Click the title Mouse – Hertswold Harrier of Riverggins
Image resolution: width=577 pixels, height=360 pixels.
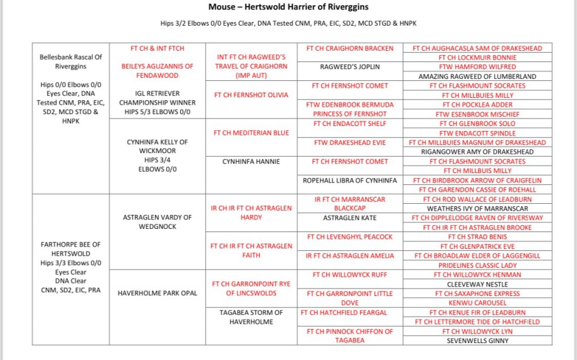(x=288, y=8)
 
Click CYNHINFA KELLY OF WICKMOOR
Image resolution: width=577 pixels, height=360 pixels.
(x=157, y=147)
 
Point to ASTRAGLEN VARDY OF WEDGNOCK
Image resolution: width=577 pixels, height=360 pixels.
(x=157, y=222)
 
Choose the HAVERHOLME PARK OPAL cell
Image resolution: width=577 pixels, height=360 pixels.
(x=157, y=293)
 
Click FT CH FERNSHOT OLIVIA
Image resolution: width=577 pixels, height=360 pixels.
(x=251, y=95)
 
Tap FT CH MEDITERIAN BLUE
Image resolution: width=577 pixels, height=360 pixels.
(x=251, y=133)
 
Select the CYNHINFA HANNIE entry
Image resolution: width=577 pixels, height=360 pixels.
(x=251, y=162)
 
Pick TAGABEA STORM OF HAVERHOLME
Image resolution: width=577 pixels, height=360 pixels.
(x=251, y=317)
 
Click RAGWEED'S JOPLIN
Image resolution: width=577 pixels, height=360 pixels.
(x=350, y=67)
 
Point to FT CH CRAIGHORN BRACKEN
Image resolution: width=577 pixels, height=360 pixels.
(x=350, y=48)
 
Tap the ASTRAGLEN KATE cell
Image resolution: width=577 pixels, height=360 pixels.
(x=350, y=218)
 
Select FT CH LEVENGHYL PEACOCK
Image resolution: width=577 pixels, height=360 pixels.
(x=350, y=237)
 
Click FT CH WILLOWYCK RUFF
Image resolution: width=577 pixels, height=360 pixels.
(x=350, y=275)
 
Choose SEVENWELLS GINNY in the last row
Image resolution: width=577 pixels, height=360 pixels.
(x=477, y=341)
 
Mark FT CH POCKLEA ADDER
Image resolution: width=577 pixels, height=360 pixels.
(x=477, y=105)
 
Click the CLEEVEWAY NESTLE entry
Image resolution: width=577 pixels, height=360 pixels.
(x=477, y=284)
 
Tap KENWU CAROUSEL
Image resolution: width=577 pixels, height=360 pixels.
(x=477, y=303)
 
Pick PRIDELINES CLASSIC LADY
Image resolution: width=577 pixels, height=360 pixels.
(x=477, y=265)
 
